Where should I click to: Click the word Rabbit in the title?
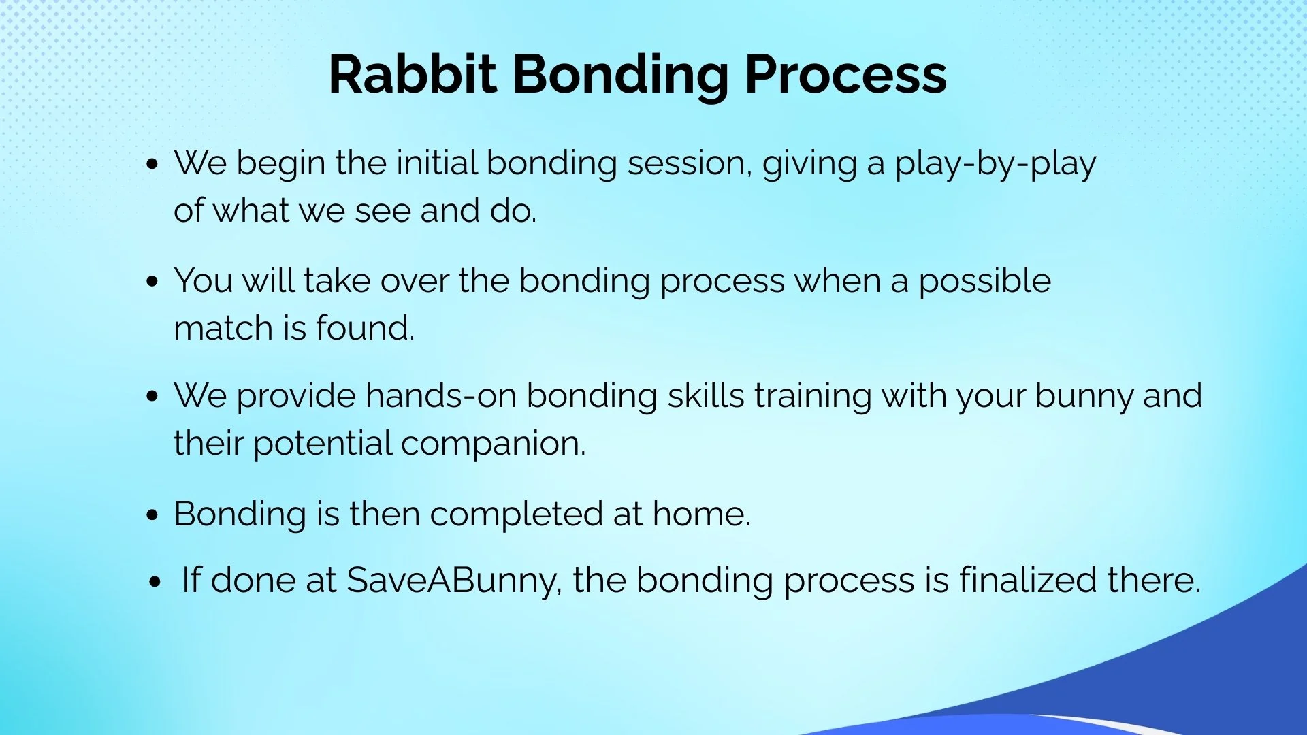[x=413, y=73]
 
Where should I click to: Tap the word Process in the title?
[x=845, y=73]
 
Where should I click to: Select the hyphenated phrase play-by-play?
[x=995, y=164]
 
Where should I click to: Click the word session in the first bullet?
[x=689, y=163]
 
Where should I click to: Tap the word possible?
[x=984, y=282]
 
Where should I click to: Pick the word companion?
[x=493, y=444]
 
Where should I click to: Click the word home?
[x=701, y=514]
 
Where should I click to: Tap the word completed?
[x=516, y=515]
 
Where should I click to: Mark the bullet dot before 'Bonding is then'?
[x=152, y=515]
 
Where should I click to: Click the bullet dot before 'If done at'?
[x=156, y=583]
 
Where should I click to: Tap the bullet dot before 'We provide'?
[x=152, y=397]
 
